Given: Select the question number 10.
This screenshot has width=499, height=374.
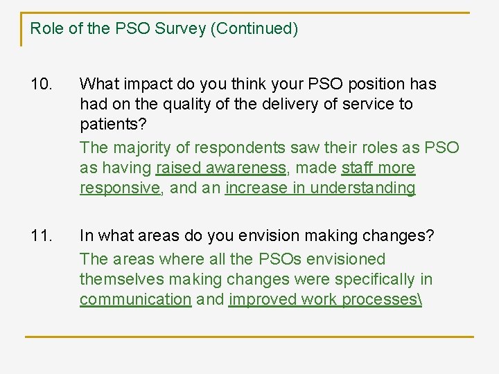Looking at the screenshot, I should [x=42, y=84].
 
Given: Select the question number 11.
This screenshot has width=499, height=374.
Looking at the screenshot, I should [x=42, y=235].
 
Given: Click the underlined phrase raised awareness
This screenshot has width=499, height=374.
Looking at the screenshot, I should [x=221, y=168].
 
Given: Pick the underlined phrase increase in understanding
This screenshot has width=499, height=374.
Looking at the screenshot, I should [x=320, y=188].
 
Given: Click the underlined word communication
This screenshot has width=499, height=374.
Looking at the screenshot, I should [x=135, y=299].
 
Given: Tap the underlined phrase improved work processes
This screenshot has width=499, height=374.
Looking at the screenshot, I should [x=324, y=299].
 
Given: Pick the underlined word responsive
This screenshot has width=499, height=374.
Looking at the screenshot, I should [x=119, y=188].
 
